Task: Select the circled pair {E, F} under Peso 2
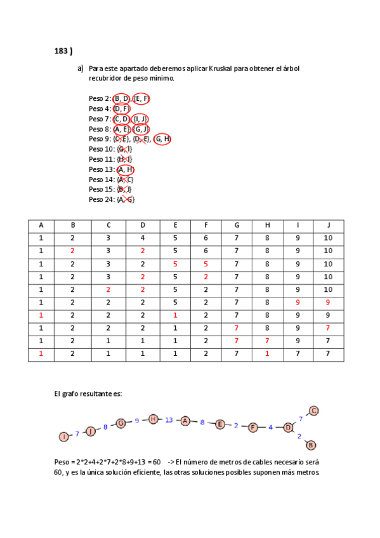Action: coord(141,98)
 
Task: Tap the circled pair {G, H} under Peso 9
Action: coord(162,139)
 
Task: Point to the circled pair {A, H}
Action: coord(125,169)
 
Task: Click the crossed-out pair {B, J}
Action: coord(124,189)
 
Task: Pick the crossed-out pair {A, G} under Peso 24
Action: coord(126,199)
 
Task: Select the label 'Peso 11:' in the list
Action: coord(101,159)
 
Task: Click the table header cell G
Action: coord(237,225)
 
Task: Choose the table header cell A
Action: coord(41,225)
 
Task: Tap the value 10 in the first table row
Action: coord(327,238)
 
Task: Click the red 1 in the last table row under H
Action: coord(267,353)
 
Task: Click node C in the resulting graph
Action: coord(313,410)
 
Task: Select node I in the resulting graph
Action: coord(63,436)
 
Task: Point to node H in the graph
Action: coord(153,419)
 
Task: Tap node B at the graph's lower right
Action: coord(311,445)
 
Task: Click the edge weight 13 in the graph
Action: coord(169,420)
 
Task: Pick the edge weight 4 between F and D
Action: coord(270,428)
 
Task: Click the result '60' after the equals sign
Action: coord(155,462)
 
